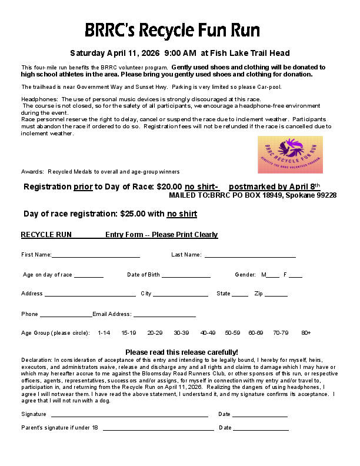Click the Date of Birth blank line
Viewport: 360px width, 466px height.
186,275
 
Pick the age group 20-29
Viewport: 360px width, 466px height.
155,333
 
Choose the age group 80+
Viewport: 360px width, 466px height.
306,333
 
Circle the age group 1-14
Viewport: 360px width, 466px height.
104,333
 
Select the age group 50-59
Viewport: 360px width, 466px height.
232,333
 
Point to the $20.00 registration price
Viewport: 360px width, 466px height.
169,187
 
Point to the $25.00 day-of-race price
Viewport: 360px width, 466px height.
133,214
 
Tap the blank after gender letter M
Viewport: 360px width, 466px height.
272,276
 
